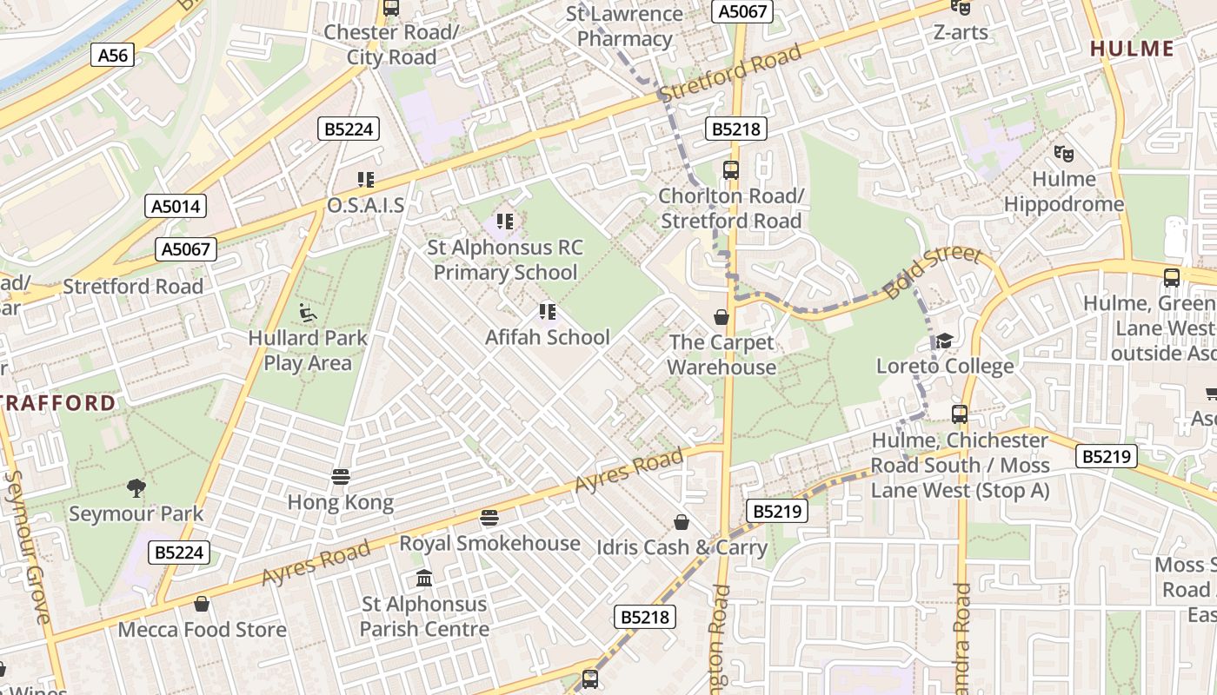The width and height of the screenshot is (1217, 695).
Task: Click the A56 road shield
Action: [x=112, y=56]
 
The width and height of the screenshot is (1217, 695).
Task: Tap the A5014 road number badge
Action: [x=176, y=206]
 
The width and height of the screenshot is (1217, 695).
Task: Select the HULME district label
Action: [x=1143, y=49]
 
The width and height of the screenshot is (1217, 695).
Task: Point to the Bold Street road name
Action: [x=931, y=273]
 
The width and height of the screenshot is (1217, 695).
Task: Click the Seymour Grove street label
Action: [x=26, y=547]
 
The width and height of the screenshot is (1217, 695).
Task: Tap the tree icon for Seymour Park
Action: [x=136, y=487]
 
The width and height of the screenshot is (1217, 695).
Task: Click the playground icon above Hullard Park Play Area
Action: [x=307, y=312]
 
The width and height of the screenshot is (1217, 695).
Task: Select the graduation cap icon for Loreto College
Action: [x=944, y=341]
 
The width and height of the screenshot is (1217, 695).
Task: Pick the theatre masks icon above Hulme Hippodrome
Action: [x=1063, y=154]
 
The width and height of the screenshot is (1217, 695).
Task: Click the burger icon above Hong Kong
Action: [x=341, y=477]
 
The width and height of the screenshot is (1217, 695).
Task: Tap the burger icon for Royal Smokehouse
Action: [x=489, y=518]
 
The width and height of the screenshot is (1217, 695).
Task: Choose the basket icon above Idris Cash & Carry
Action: [x=682, y=522]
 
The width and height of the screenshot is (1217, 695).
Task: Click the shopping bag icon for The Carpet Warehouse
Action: [x=721, y=317]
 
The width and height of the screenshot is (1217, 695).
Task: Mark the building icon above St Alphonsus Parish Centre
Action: [x=424, y=578]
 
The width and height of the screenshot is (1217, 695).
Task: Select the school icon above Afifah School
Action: [x=547, y=311]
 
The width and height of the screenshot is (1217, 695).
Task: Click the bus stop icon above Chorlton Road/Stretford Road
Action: [x=730, y=170]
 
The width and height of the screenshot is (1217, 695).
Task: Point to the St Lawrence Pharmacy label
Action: [x=624, y=26]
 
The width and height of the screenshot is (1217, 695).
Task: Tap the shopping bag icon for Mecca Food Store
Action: [x=202, y=604]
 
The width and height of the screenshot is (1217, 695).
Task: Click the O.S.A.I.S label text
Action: [x=365, y=205]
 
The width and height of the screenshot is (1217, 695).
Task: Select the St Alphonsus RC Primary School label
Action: [x=505, y=260]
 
